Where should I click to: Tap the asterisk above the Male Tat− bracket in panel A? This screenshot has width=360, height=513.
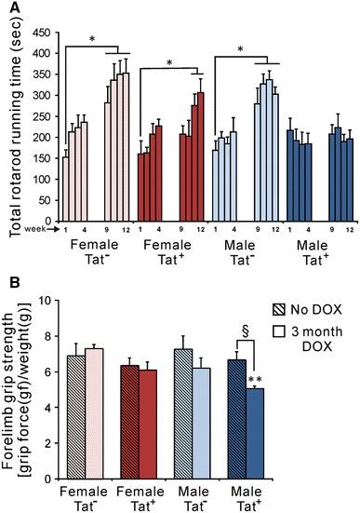click(x=241, y=50)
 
